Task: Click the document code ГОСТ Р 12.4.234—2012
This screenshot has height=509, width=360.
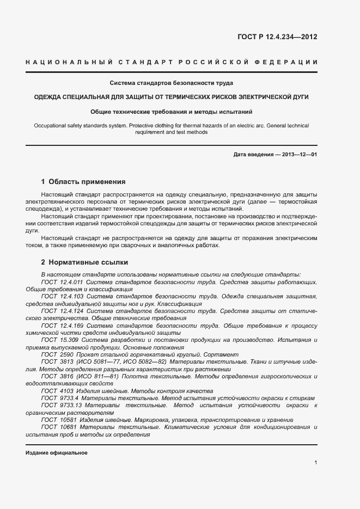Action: (x=277, y=38)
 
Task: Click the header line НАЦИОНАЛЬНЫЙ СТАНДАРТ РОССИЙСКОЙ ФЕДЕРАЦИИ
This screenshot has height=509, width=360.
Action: (x=172, y=63)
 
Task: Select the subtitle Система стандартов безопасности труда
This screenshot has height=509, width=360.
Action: (x=172, y=83)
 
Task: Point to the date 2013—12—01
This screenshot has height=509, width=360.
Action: (x=300, y=155)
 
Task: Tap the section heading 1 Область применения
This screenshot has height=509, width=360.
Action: (x=83, y=181)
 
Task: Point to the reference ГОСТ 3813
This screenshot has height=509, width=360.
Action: (x=54, y=361)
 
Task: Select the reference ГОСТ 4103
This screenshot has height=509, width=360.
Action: (x=54, y=391)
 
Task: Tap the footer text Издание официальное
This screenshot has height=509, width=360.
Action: (x=57, y=453)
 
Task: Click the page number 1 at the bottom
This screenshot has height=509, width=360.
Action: (x=315, y=463)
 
